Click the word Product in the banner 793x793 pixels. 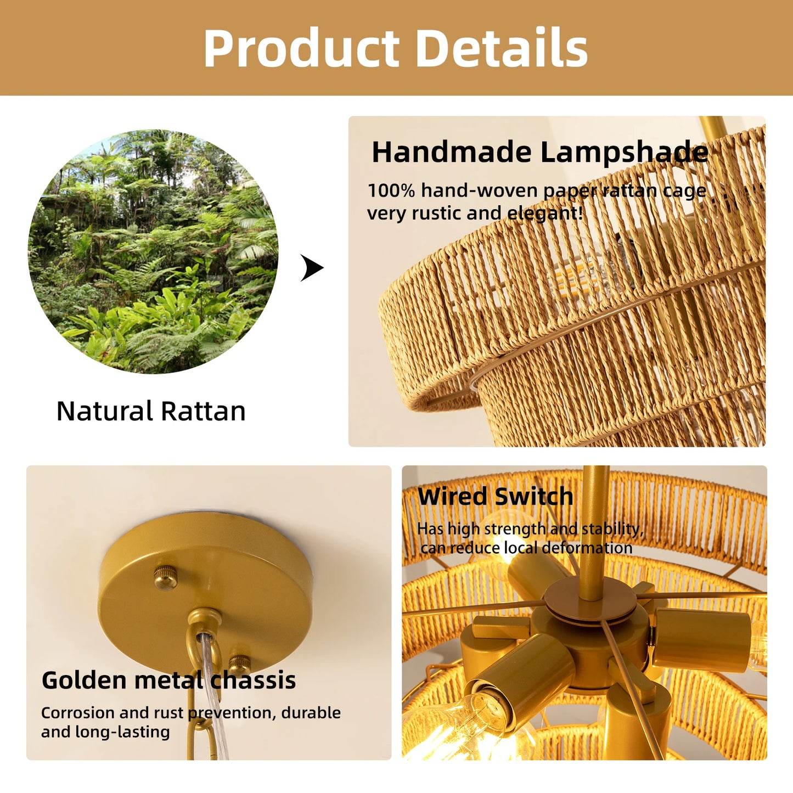(x=301, y=48)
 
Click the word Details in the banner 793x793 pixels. (x=502, y=48)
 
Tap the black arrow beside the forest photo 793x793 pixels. (x=312, y=268)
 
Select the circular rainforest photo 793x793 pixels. (x=153, y=252)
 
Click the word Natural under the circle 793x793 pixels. (x=104, y=411)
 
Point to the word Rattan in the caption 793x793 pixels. (x=203, y=411)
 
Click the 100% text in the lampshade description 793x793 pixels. (x=391, y=191)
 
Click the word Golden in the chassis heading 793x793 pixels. (x=85, y=680)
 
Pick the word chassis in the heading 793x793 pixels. (x=254, y=680)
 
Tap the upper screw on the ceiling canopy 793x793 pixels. (x=163, y=578)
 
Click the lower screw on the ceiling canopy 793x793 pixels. (x=239, y=662)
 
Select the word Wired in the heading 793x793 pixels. (x=452, y=497)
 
